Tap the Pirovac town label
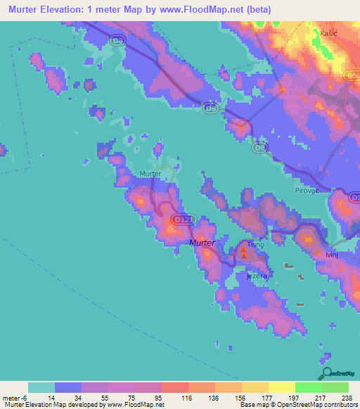pyautogui.click(x=307, y=190)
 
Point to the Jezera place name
pyautogui.click(x=256, y=276)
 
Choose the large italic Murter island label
pyautogui.click(x=202, y=242)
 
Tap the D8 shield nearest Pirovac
pyautogui.click(x=260, y=147)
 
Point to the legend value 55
pyautogui.click(x=95, y=397)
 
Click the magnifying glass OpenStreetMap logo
pyautogui.click(x=326, y=375)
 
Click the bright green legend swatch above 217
pyautogui.click(x=308, y=387)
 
